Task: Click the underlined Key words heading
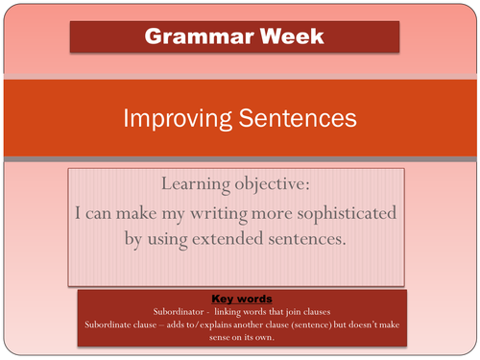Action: pyautogui.click(x=239, y=299)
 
